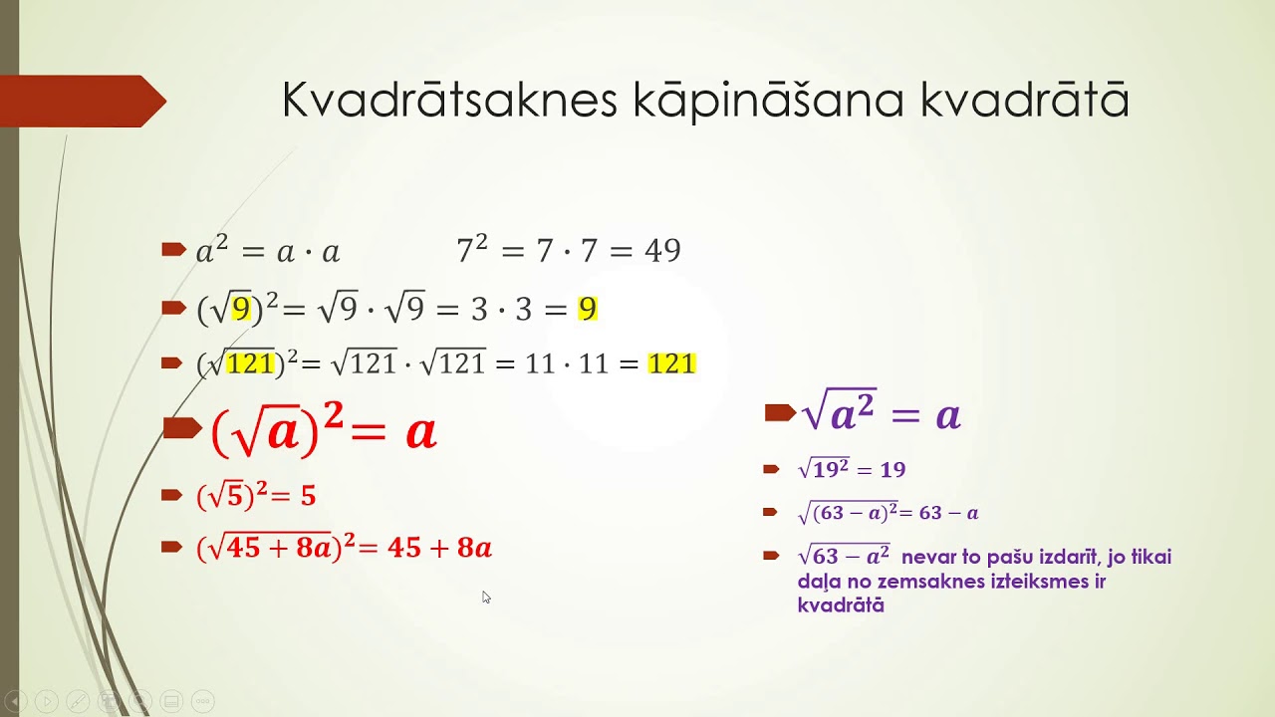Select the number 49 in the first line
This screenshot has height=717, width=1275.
point(662,251)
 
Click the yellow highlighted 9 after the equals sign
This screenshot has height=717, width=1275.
point(587,310)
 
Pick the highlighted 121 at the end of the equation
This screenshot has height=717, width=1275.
point(671,364)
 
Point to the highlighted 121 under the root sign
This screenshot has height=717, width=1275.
point(249,364)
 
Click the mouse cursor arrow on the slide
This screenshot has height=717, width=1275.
point(486,597)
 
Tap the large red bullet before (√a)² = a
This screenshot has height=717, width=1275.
point(181,428)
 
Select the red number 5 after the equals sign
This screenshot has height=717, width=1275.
point(308,496)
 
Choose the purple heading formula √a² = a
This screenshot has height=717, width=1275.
point(881,414)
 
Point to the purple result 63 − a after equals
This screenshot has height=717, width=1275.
point(948,514)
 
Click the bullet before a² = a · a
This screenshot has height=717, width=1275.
point(173,249)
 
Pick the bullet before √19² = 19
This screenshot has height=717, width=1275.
point(770,469)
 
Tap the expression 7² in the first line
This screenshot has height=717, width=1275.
point(472,250)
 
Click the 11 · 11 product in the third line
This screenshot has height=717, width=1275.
point(566,364)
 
